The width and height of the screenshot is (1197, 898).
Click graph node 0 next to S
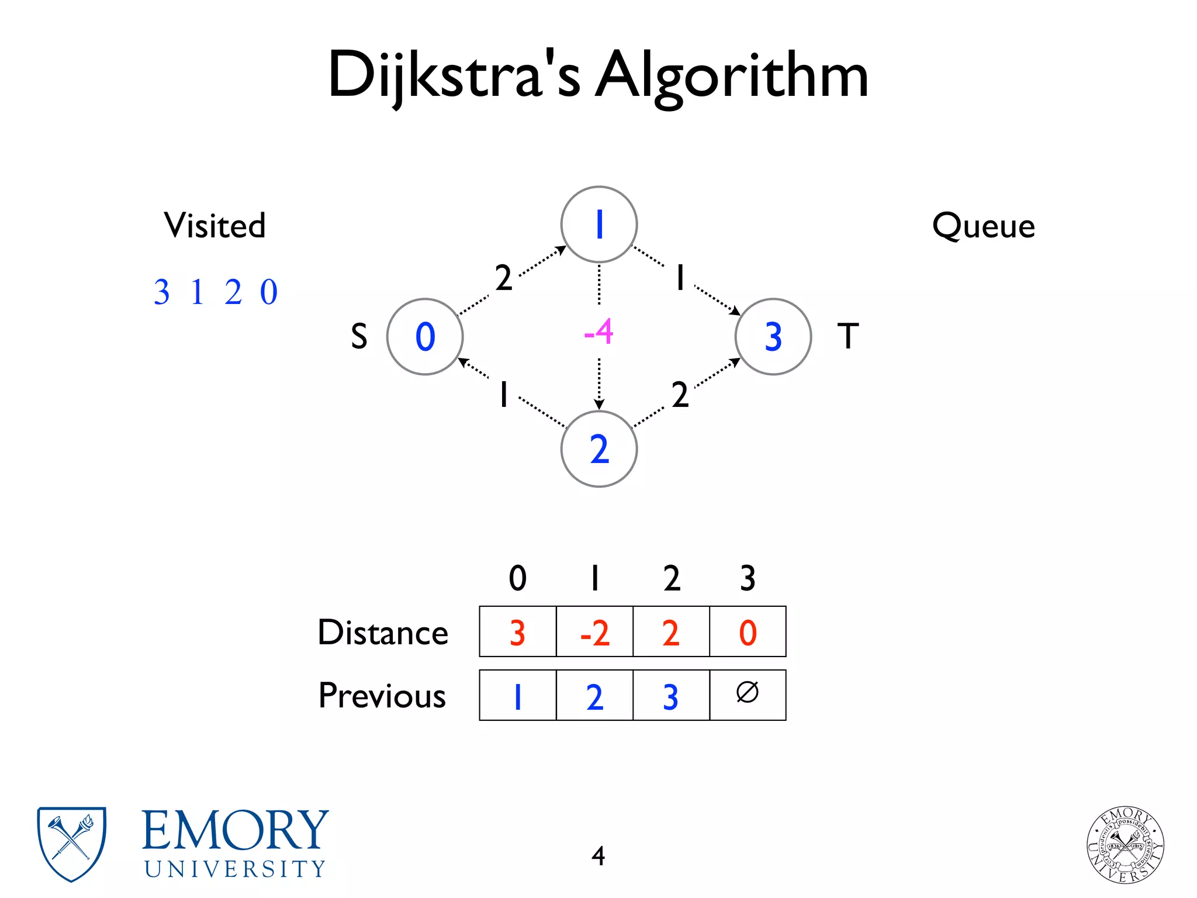coord(425,337)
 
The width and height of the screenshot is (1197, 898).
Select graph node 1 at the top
coord(598,224)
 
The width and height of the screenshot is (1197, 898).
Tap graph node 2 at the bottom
coord(598,449)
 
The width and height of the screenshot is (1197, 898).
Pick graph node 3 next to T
coord(773,337)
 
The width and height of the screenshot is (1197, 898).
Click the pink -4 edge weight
coord(598,332)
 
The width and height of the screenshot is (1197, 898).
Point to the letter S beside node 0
coord(359,337)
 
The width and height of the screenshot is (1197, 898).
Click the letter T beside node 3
coord(847,336)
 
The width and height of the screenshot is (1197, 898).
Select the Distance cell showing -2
coord(594,632)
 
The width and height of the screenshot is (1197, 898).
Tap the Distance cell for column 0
coord(518,632)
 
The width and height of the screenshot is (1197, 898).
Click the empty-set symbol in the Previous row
coord(748,693)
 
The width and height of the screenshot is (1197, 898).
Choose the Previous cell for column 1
coord(594,696)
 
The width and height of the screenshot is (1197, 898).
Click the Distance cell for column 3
coord(748,632)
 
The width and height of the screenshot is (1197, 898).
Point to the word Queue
coord(984,226)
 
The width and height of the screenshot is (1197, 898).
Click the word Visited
coord(215,226)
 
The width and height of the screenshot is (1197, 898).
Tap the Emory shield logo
coord(71,843)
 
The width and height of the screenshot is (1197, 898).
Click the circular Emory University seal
coord(1125,844)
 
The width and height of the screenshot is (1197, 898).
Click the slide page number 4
coord(598,856)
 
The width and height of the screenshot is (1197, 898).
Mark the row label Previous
coord(382,696)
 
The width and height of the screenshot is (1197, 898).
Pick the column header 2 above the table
coord(672,578)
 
